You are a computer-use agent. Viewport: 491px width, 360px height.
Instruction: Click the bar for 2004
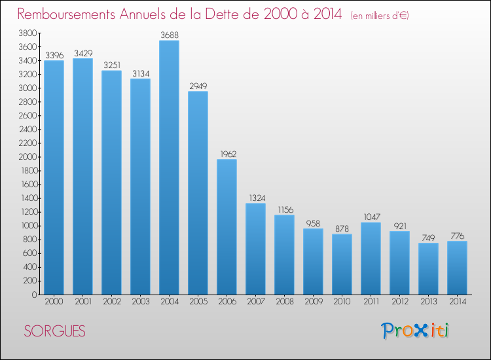pos(169,168)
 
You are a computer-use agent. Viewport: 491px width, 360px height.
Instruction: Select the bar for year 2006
pos(227,227)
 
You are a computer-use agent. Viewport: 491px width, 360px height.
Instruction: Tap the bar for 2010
pos(342,264)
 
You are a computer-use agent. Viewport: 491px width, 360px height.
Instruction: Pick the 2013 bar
pos(428,268)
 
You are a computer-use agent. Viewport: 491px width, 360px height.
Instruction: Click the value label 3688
pos(170,35)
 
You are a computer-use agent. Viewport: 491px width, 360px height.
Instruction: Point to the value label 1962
pos(228,154)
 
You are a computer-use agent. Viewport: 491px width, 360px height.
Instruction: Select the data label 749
pos(428,238)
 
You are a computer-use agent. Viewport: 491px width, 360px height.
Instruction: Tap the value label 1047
pos(372,217)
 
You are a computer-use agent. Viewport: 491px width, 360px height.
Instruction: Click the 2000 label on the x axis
pos(54,302)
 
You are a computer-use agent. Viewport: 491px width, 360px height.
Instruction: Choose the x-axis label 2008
pos(285,302)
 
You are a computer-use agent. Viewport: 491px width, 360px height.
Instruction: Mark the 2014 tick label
pos(458,302)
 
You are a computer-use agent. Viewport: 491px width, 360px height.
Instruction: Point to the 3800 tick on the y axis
pos(28,33)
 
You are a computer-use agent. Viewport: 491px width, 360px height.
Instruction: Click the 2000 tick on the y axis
pos(28,157)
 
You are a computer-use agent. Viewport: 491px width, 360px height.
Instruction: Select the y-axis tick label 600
pos(30,253)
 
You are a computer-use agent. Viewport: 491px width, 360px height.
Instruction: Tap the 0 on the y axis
pos(35,295)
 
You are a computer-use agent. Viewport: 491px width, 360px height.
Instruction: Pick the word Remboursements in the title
pos(66,14)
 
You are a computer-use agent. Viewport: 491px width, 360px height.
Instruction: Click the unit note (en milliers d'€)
pos(380,15)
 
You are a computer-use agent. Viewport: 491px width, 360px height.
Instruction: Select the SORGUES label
pos(54,331)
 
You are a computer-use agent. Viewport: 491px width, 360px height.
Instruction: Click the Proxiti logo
pos(415,331)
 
